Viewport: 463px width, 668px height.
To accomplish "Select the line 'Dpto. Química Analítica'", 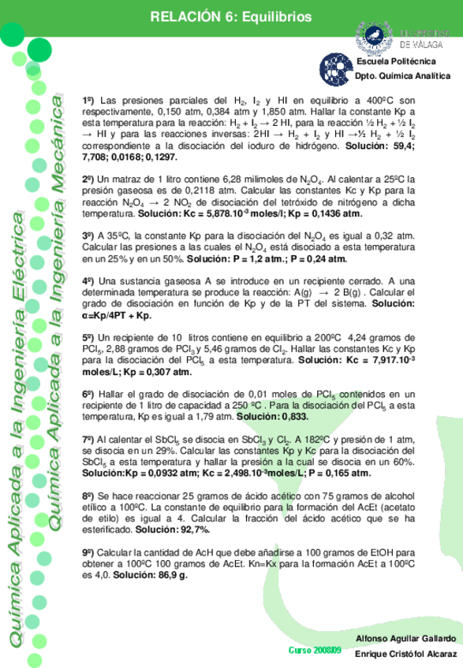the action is [x=402, y=76].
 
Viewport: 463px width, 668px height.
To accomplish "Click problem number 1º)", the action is [x=89, y=102].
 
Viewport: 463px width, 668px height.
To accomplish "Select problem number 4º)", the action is [x=89, y=281].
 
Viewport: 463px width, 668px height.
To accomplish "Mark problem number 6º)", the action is [x=89, y=393].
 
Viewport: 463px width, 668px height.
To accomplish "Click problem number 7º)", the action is [x=89, y=438].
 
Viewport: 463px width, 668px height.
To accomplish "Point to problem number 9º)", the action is [x=89, y=553].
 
